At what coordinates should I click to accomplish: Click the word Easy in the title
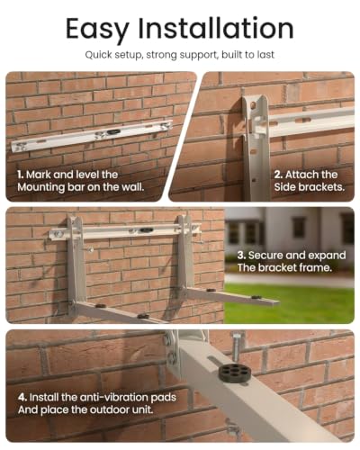tap(97, 30)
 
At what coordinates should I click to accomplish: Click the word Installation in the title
tap(216, 28)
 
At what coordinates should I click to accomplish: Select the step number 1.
tap(21, 175)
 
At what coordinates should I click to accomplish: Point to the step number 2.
tap(278, 175)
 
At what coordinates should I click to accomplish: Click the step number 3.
tap(241, 256)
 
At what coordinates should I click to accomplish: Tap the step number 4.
tap(22, 397)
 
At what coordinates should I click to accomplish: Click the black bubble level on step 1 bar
tap(113, 132)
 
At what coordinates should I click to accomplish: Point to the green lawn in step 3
tap(290, 303)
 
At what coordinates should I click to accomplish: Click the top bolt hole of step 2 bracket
tap(253, 104)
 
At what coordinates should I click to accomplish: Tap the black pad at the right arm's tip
tap(256, 297)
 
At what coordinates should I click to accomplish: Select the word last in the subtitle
tap(265, 55)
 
